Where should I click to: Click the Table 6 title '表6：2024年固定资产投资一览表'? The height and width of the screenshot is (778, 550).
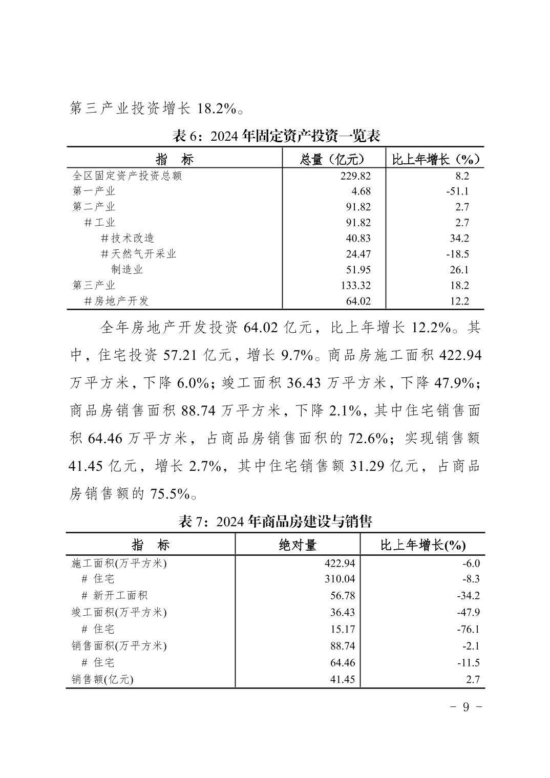[x=276, y=136]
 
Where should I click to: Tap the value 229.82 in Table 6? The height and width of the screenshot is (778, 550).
[x=355, y=176]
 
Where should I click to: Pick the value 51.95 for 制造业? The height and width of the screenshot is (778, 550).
[x=358, y=270]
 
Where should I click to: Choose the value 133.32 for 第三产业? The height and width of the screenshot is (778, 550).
[x=355, y=286]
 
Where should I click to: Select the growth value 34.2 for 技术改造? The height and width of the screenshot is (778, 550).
[x=459, y=239]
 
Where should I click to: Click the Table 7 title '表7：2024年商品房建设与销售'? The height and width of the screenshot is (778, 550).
[x=275, y=522]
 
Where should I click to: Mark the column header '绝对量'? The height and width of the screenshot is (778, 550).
[x=298, y=545]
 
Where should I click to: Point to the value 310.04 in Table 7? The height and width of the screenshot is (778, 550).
[x=340, y=579]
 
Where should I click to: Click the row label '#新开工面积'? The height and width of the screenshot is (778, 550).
[x=115, y=596]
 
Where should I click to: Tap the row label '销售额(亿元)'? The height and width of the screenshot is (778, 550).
[x=102, y=680]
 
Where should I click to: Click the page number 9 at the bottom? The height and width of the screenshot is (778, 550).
[x=466, y=707]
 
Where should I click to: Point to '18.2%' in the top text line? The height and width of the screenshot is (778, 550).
[x=212, y=109]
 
